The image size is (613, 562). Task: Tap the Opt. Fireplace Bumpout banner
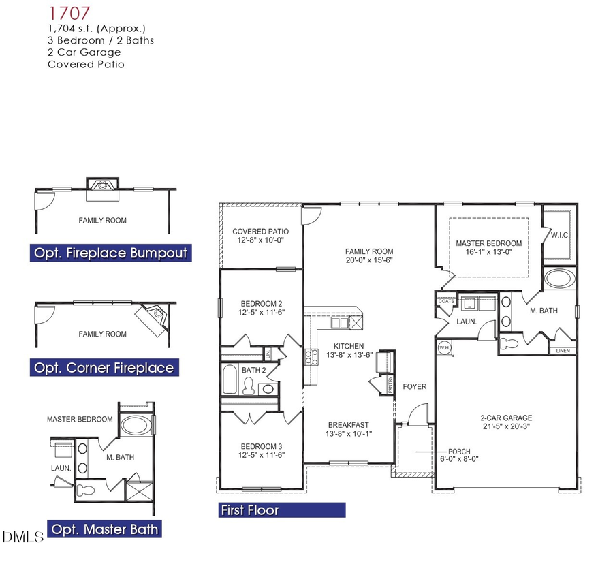pyautogui.click(x=110, y=253)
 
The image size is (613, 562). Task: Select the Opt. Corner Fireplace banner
pyautogui.click(x=104, y=369)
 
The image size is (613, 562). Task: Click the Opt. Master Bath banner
pyautogui.click(x=105, y=529)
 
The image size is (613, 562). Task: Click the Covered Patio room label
pyautogui.click(x=260, y=232)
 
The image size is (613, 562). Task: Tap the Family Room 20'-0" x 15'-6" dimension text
pyautogui.click(x=369, y=260)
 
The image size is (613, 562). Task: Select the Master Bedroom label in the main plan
pyautogui.click(x=488, y=243)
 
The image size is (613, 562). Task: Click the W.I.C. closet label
pyautogui.click(x=559, y=235)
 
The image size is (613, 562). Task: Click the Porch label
pyautogui.click(x=458, y=452)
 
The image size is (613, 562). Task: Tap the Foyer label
pyautogui.click(x=414, y=387)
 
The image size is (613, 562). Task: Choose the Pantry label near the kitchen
pyautogui.click(x=391, y=384)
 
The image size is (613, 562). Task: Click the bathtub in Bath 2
pyautogui.click(x=230, y=380)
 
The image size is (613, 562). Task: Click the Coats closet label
pyautogui.click(x=446, y=301)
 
